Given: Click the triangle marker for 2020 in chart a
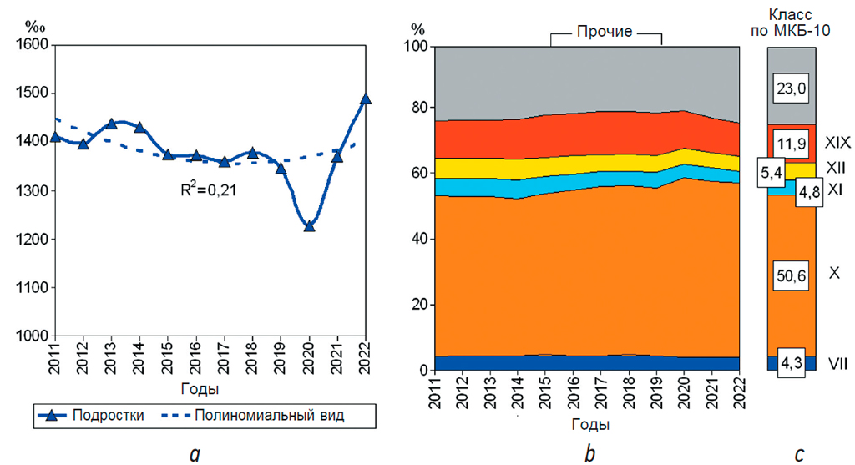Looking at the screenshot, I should [x=309, y=225].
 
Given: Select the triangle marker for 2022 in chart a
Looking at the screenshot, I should [x=365, y=99].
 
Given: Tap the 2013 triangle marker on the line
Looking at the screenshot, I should [x=111, y=123].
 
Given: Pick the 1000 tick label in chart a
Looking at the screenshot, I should [x=31, y=336].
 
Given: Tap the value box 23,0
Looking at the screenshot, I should [x=790, y=88].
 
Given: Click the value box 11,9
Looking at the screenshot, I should [x=790, y=144].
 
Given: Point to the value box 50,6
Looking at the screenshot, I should [x=790, y=274].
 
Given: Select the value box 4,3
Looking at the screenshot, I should [x=790, y=364].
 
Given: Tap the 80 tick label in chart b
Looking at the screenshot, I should [x=417, y=108].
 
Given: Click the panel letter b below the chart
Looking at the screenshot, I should [x=590, y=453].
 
